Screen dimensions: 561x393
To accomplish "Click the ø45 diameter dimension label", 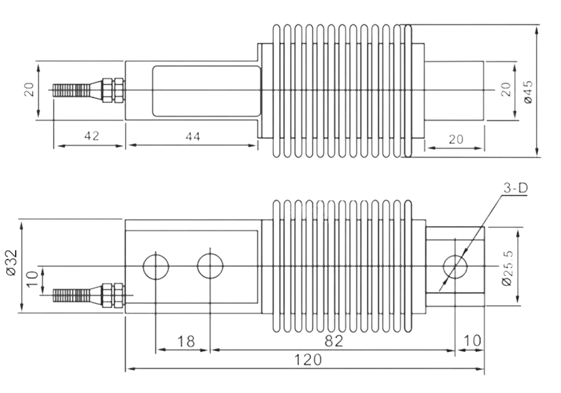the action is click(x=528, y=92).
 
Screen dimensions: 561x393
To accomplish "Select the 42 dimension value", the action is click(x=92, y=136).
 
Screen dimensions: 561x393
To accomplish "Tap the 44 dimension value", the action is click(x=193, y=136).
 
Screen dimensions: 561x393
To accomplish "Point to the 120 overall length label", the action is click(x=308, y=360).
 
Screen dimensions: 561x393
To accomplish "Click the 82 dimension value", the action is click(x=334, y=341).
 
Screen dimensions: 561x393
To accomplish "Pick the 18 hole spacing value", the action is click(x=186, y=341).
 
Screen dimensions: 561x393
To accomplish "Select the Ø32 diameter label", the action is click(x=12, y=263).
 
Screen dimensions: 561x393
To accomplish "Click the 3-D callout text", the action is click(x=515, y=188).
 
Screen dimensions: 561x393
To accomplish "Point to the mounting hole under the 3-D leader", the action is click(x=455, y=266).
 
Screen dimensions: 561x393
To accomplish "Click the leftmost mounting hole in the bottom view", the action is click(x=156, y=266).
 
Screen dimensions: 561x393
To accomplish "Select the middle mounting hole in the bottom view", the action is click(x=210, y=266).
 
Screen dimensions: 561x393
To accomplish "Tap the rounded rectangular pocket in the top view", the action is click(x=206, y=91).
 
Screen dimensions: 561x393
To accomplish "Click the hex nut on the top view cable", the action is click(x=113, y=90).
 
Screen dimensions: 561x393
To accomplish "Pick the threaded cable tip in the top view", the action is click(x=71, y=91).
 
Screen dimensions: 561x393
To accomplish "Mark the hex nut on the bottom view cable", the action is click(x=113, y=296).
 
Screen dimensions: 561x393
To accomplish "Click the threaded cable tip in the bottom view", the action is click(x=71, y=296).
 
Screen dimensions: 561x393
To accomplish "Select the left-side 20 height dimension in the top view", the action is click(x=29, y=89).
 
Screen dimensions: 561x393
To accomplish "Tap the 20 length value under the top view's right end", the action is click(x=456, y=139).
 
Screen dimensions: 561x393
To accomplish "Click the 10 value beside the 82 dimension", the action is click(x=472, y=341).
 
